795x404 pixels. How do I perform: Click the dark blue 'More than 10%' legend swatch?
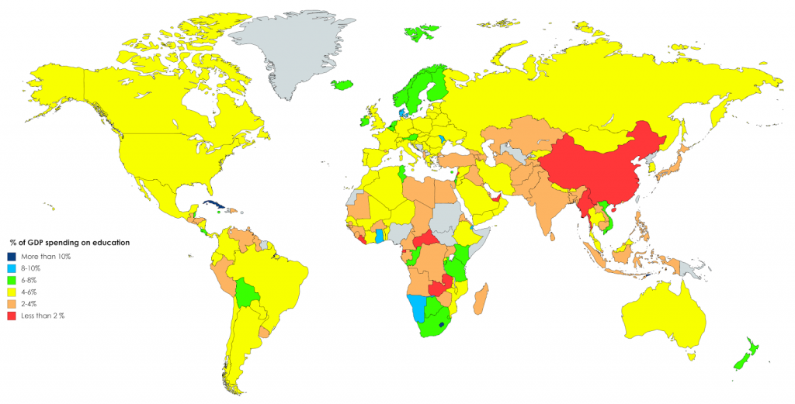[12, 256]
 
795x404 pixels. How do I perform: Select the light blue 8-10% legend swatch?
[12, 268]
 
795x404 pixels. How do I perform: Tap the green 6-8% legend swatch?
[12, 280]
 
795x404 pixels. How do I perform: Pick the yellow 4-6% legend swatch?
[12, 292]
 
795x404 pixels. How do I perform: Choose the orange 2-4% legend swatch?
[12, 304]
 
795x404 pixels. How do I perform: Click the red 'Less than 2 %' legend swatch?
[12, 316]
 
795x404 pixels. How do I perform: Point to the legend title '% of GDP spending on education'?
[69, 243]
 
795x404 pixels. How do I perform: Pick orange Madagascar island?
[482, 299]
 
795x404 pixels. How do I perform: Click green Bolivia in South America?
[248, 292]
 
